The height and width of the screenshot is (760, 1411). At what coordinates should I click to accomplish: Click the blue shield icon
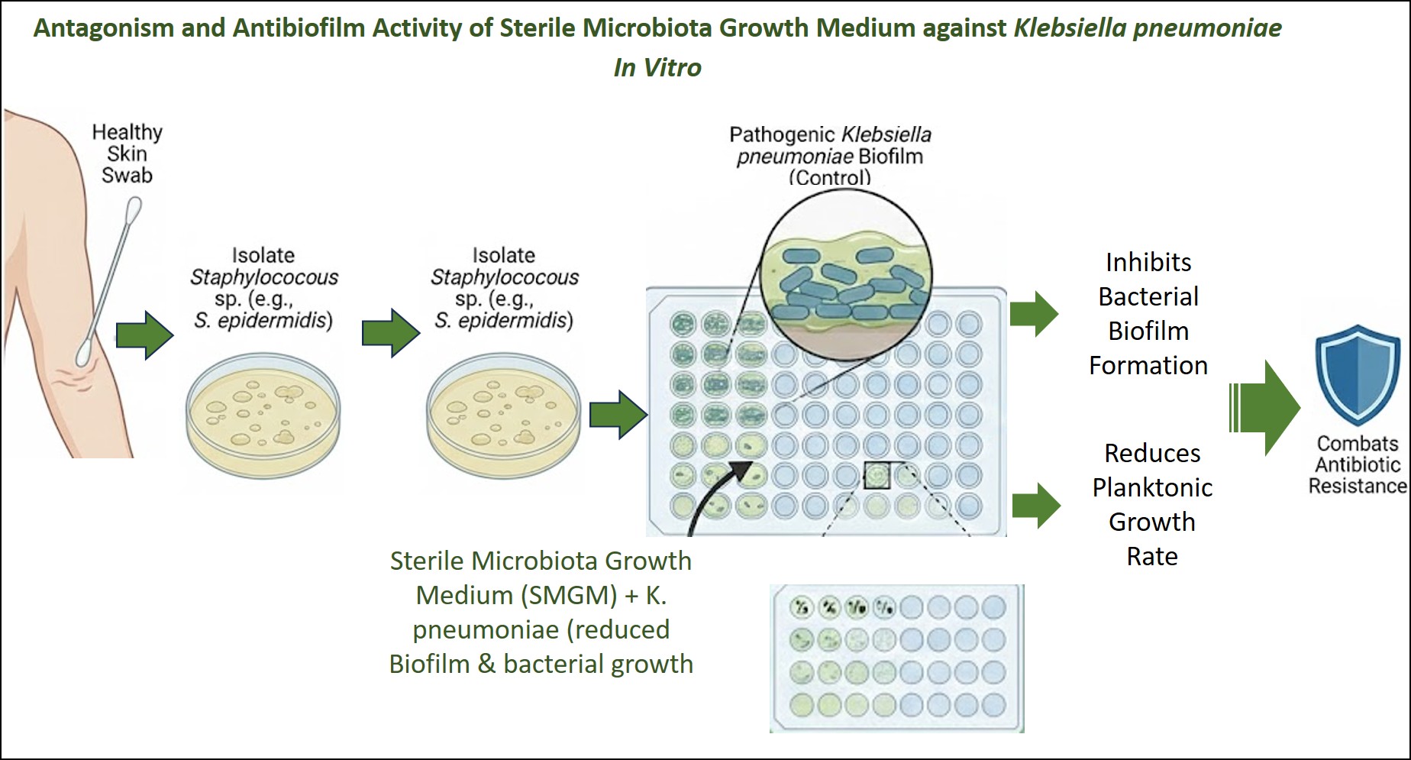(x=1358, y=375)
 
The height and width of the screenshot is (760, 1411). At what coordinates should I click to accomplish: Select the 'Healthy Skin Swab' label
(x=127, y=154)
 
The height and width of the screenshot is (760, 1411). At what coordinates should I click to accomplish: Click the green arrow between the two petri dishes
(x=390, y=332)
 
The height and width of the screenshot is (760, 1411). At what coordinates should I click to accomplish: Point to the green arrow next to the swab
(x=145, y=335)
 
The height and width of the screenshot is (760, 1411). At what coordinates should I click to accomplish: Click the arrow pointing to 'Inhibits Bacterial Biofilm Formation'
(x=1034, y=313)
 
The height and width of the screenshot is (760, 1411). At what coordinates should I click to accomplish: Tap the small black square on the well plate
(x=877, y=475)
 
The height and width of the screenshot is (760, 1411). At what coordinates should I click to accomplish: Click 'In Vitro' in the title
(x=657, y=67)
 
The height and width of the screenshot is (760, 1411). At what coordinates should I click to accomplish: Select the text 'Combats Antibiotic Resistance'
(x=1358, y=464)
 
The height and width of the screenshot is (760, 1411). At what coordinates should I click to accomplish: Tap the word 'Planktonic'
(x=1152, y=487)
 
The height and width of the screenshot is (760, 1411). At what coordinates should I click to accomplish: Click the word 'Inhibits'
(x=1148, y=262)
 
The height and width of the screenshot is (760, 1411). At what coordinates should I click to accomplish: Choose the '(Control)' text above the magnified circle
(x=830, y=178)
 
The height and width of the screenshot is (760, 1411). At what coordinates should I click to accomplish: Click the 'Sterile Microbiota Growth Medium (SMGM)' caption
(x=541, y=577)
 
